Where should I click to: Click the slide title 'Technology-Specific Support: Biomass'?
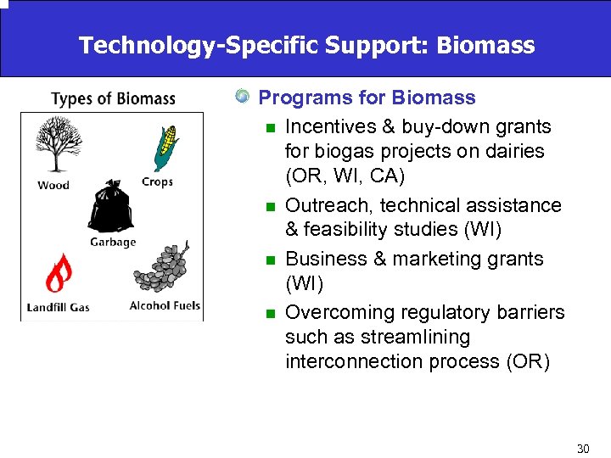(306, 45)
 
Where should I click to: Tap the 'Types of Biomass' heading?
(113, 99)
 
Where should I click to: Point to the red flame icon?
(58, 272)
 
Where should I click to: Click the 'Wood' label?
(53, 185)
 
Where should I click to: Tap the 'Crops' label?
(157, 182)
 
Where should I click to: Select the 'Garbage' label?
(113, 243)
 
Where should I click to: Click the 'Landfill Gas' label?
(58, 306)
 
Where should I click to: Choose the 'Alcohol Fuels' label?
(165, 305)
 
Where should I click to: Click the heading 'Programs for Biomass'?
(367, 98)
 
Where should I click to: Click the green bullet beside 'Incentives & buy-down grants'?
(269, 128)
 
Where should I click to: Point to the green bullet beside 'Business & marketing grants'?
(269, 260)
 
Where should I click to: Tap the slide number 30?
(582, 448)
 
